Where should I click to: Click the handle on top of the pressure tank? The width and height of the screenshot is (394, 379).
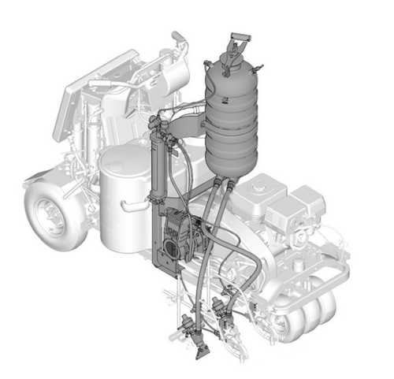click(234, 43)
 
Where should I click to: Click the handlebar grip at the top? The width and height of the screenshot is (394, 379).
click(180, 38)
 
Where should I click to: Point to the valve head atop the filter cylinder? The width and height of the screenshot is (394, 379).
click(155, 124)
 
